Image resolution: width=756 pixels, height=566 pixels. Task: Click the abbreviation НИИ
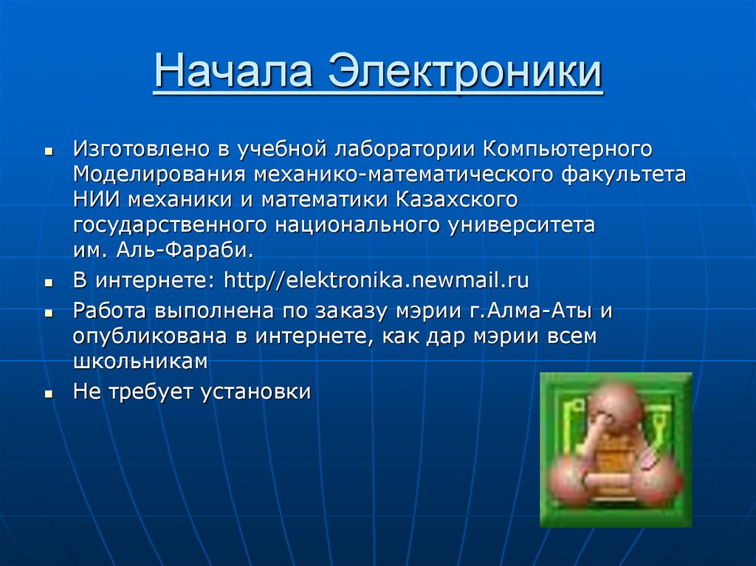click(x=96, y=199)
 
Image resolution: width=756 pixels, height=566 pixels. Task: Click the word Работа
click(x=111, y=311)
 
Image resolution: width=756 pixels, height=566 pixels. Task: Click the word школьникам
click(x=140, y=362)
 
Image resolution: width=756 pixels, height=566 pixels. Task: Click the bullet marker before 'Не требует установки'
click(x=49, y=394)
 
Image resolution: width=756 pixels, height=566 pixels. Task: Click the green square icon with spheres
click(x=616, y=449)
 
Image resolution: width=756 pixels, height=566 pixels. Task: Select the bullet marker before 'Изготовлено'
click(x=49, y=151)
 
